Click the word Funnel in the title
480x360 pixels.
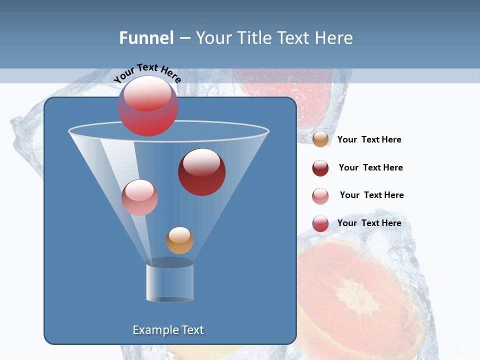pos(146,38)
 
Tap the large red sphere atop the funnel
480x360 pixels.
pos(148,106)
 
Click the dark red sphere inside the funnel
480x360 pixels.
pos(201,172)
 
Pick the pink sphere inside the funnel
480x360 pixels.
pos(139,197)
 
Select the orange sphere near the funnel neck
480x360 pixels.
pos(179,240)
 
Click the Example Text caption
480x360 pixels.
pos(168,330)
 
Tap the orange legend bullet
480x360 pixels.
pos(320,139)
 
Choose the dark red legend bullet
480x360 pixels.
pos(320,168)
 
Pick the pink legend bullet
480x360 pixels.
pos(320,196)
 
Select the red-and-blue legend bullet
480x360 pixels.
pos(320,223)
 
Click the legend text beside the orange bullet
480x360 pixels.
pos(369,139)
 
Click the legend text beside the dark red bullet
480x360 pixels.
pos(370,167)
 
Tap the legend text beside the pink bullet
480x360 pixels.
pos(371,195)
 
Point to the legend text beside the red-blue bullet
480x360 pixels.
pos(369,223)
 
